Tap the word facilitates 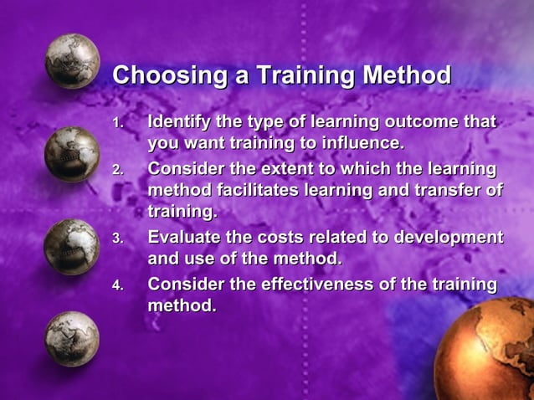(x=257, y=190)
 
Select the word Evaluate (x=182, y=237)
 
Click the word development (x=448, y=237)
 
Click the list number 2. (x=118, y=170)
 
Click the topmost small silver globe (x=72, y=61)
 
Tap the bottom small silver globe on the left (x=72, y=338)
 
